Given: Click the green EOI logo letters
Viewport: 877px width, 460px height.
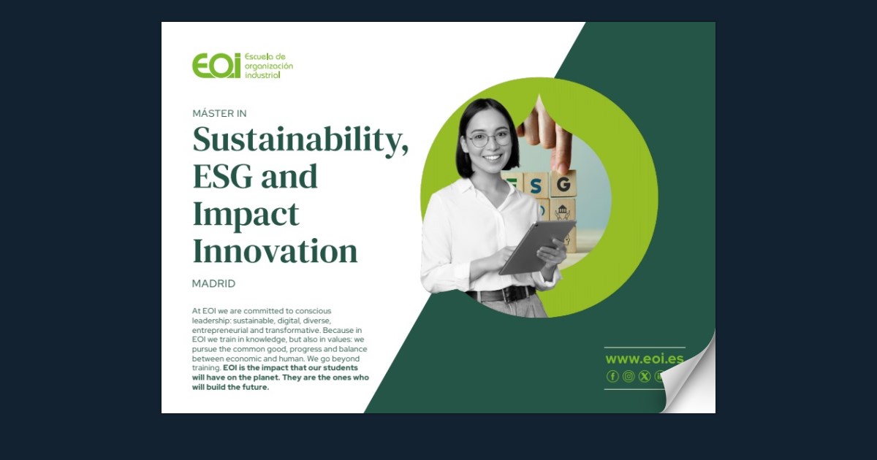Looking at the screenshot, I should point(216,66).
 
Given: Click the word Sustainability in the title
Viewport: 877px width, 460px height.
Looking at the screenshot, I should point(300,139).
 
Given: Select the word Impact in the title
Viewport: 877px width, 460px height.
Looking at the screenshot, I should point(246,215).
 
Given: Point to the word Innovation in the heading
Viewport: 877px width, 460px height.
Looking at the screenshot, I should point(275,252).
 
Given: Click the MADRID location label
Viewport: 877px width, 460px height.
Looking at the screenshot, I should point(213,283).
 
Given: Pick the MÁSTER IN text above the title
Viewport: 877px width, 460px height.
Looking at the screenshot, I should point(219,113).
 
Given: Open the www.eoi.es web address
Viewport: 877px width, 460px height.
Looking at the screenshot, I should point(644,359).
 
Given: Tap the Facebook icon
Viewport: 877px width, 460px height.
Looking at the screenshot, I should point(612,376).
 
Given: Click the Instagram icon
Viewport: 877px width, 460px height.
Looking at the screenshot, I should point(629,376).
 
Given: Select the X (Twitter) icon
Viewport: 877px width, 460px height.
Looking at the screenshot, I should point(644,376).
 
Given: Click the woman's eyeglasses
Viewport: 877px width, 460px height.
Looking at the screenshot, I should point(488,139).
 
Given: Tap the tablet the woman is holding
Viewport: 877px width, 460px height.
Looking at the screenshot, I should point(536,246).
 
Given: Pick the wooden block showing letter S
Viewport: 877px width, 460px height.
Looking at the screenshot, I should point(537,184).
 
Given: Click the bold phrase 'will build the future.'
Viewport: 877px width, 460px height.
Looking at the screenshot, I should point(231,387).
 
